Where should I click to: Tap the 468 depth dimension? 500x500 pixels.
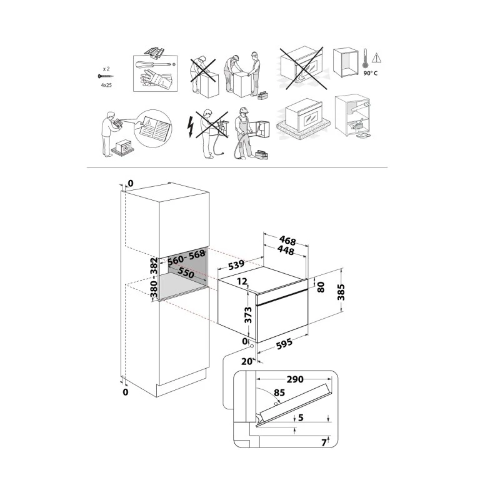pyautogui.click(x=287, y=241)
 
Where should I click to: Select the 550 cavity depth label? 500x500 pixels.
pyautogui.click(x=185, y=272)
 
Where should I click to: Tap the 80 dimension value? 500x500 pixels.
pyautogui.click(x=321, y=288)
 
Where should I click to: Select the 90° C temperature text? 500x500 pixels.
pyautogui.click(x=371, y=73)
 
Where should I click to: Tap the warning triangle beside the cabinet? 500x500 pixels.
pyautogui.click(x=376, y=57)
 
